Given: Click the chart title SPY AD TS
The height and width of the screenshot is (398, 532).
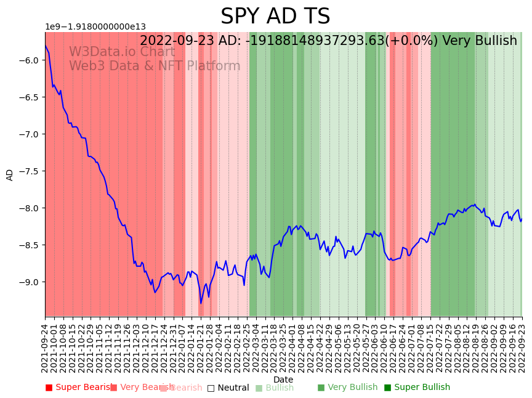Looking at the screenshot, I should (x=275, y=17).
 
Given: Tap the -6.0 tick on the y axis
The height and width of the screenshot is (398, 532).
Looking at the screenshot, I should (x=31, y=60).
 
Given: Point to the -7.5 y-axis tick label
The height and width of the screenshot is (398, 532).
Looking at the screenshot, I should (x=31, y=171).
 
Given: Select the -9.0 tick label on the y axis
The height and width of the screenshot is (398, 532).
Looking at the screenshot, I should (x=31, y=282).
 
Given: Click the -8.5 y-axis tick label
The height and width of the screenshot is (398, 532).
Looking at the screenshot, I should (x=31, y=245).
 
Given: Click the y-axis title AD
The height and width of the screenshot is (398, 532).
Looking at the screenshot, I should (x=10, y=174).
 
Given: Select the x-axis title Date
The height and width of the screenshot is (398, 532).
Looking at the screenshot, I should (x=283, y=380).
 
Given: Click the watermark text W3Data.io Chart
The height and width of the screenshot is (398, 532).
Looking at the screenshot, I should (x=121, y=52).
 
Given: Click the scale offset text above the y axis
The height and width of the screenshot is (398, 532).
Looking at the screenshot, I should (x=95, y=26).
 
